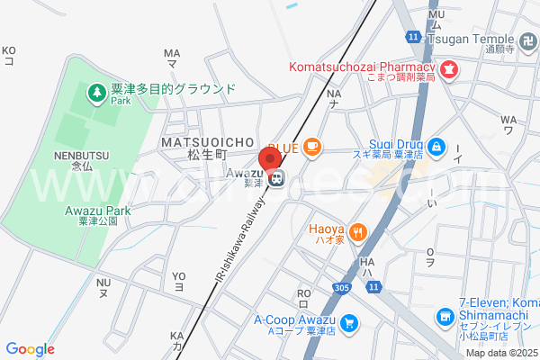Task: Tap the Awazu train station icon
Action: click(x=278, y=179)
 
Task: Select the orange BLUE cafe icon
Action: click(x=311, y=146)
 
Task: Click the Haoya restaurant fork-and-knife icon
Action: click(x=358, y=231)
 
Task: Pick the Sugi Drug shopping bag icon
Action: click(x=436, y=145)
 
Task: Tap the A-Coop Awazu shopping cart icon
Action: click(x=349, y=321)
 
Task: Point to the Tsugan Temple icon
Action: click(x=527, y=39)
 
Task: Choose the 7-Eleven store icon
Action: click(x=445, y=317)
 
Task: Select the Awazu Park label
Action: click(x=98, y=211)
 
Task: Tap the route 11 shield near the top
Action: click(x=412, y=37)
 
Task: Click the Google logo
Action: click(x=31, y=349)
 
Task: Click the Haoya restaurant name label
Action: click(x=327, y=229)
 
